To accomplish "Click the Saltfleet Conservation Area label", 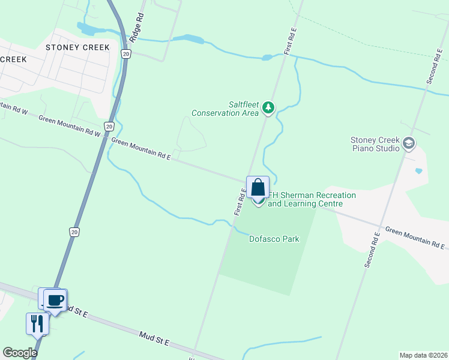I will pos(225,109).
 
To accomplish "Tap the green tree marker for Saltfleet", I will pos(269,108).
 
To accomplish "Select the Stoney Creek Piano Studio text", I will pos(375,144).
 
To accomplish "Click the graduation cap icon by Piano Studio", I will pos(409,143).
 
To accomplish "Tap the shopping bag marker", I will pos(258,187).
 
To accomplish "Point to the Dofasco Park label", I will pos(274,239).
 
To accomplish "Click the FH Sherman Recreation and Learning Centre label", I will pos(312,200).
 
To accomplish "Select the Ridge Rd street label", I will pos(139,28).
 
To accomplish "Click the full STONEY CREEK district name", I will pos(78,47).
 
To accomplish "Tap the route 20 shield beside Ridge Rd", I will pos(125,54).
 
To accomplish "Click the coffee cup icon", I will pos(56,299).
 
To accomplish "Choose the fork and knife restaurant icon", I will pos(37,323).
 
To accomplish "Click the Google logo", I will pos(20,353).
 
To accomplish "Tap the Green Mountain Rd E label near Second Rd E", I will pos(415,238).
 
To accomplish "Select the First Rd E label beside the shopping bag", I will pos(240,201).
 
